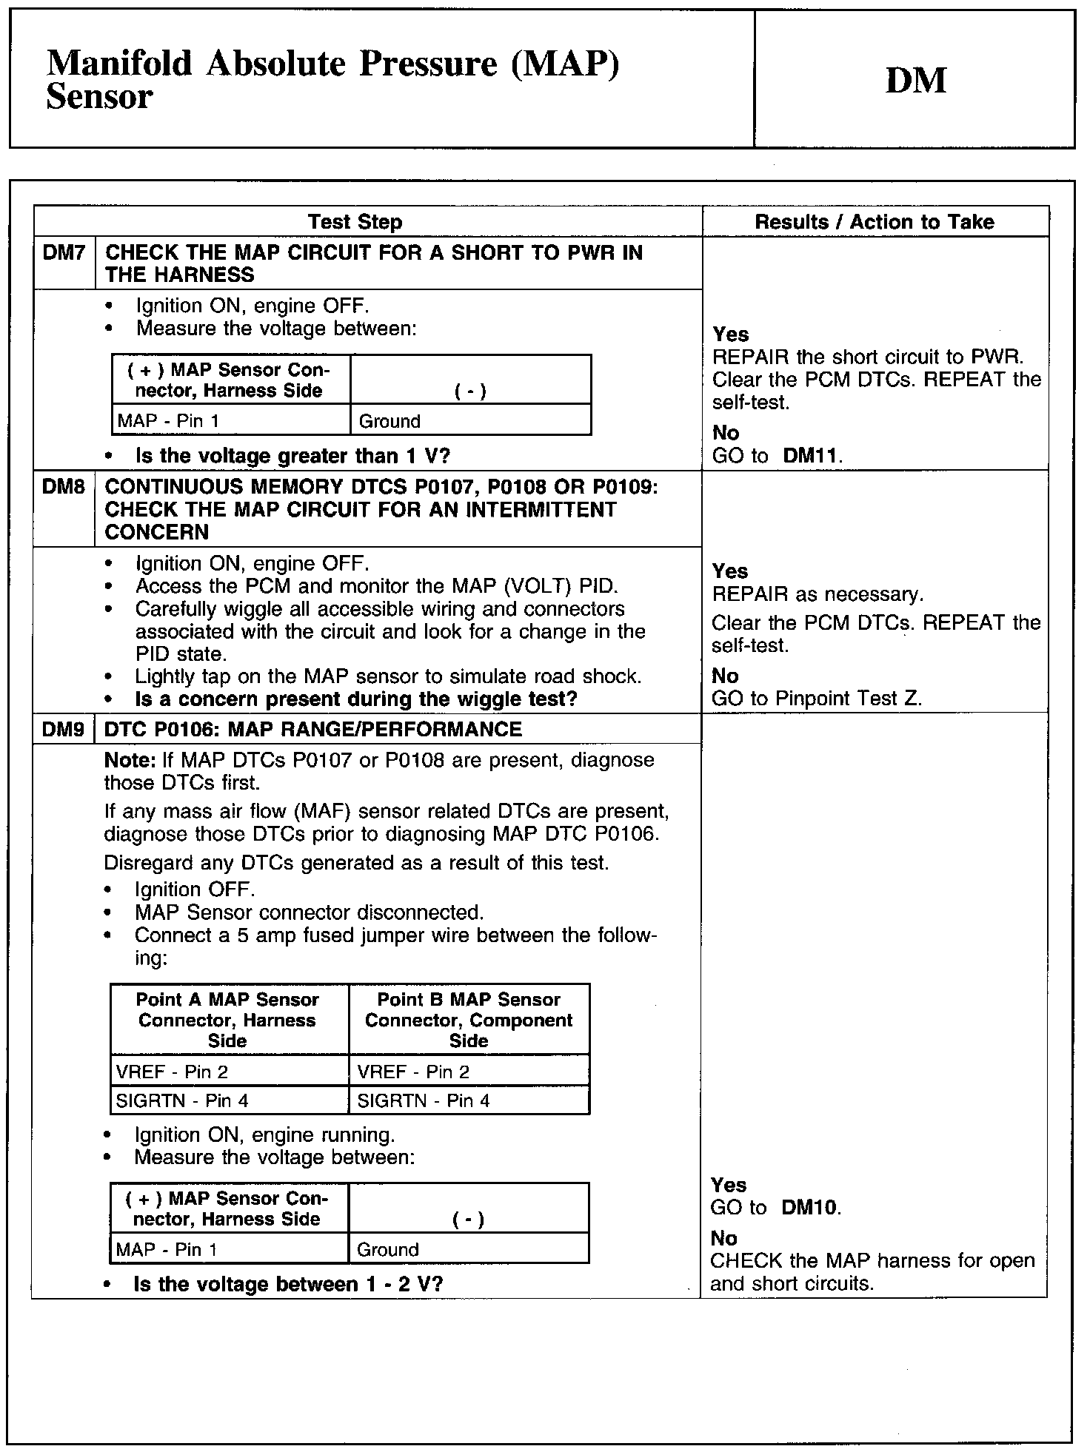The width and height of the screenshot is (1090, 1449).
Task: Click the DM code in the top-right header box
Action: (x=915, y=81)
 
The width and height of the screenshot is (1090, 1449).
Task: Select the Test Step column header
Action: (x=355, y=222)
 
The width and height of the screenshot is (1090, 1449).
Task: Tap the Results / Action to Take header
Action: (x=874, y=222)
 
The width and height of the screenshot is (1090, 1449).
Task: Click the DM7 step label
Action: (x=64, y=253)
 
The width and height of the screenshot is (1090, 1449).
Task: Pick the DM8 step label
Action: (x=64, y=487)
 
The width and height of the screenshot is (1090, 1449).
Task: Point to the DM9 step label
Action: (x=64, y=730)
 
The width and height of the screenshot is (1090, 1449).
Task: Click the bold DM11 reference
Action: (x=812, y=456)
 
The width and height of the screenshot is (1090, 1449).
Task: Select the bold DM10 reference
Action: (x=809, y=1208)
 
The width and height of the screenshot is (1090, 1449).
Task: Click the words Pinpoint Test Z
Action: (x=848, y=698)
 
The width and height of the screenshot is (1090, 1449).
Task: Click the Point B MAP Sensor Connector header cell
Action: (x=468, y=1020)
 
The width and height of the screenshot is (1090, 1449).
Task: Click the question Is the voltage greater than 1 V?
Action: (x=292, y=456)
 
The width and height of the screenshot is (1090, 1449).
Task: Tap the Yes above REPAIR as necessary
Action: (x=730, y=571)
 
